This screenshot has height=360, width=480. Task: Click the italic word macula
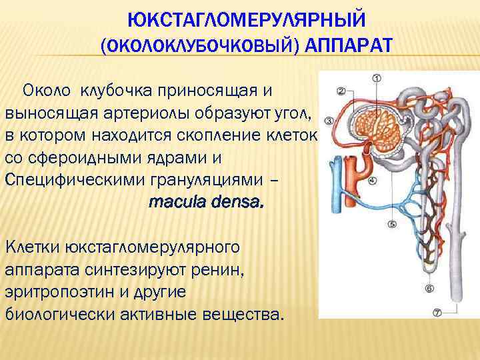177,201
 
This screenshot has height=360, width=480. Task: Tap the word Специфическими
73,180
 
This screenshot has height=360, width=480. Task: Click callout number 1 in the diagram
376,79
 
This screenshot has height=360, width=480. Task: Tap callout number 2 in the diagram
341,91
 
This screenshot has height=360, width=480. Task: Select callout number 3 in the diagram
329,121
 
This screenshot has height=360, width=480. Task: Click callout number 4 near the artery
372,180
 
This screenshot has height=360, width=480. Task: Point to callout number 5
391,224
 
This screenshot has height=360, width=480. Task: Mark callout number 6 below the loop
429,288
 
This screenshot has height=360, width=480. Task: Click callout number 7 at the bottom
437,312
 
